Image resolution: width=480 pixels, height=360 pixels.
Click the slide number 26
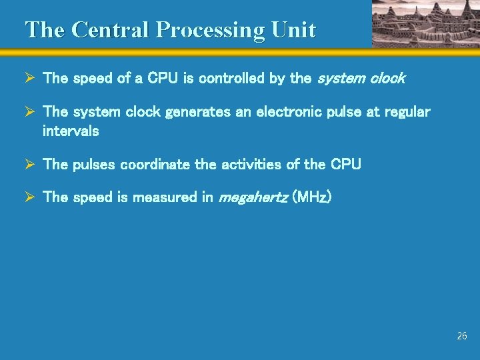[x=462, y=336]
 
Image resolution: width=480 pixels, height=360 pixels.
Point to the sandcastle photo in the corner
[x=425, y=23]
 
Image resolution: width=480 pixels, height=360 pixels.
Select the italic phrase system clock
[x=361, y=78]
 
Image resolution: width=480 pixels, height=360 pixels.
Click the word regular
[x=407, y=111]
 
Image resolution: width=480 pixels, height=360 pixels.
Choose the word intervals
[x=71, y=131]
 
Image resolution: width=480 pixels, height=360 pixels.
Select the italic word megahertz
[x=254, y=197]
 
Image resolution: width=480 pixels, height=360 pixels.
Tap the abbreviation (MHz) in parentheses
[x=312, y=197]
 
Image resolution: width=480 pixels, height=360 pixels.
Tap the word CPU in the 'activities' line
[x=346, y=164]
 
